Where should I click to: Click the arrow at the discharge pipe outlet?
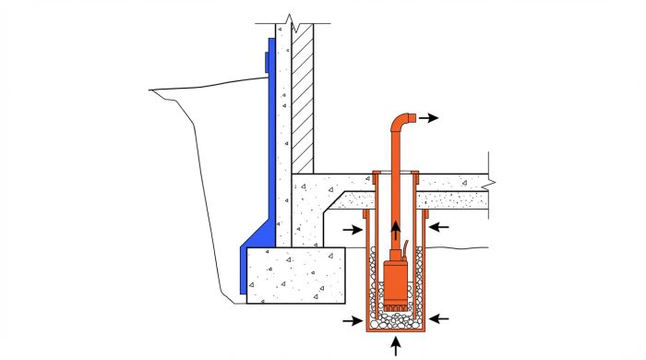(430, 118)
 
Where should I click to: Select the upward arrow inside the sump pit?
(397, 230)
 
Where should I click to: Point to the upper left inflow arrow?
(352, 228)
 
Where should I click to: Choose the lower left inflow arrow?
(351, 321)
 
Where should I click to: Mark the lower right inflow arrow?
(439, 318)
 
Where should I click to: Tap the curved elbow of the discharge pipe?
(400, 121)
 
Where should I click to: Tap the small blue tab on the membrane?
(267, 62)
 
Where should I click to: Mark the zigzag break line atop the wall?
(292, 18)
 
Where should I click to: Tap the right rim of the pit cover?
(416, 174)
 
